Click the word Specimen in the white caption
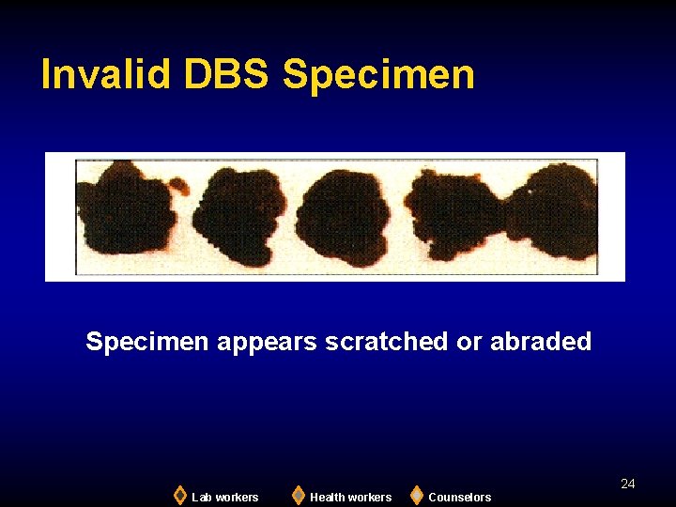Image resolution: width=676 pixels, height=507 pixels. coord(147,342)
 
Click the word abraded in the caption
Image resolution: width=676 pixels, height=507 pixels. coord(541,342)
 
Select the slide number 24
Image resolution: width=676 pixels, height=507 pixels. coord(628,484)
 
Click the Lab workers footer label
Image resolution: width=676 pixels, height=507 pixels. coord(225,497)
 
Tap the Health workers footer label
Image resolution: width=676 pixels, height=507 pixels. coord(350,497)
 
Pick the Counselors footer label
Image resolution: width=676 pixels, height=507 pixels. coord(460,497)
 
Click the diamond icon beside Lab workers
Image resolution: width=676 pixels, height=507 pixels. coord(180,495)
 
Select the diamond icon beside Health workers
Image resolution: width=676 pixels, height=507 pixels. coord(299,495)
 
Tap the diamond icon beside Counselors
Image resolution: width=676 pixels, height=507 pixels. coord(417,495)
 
